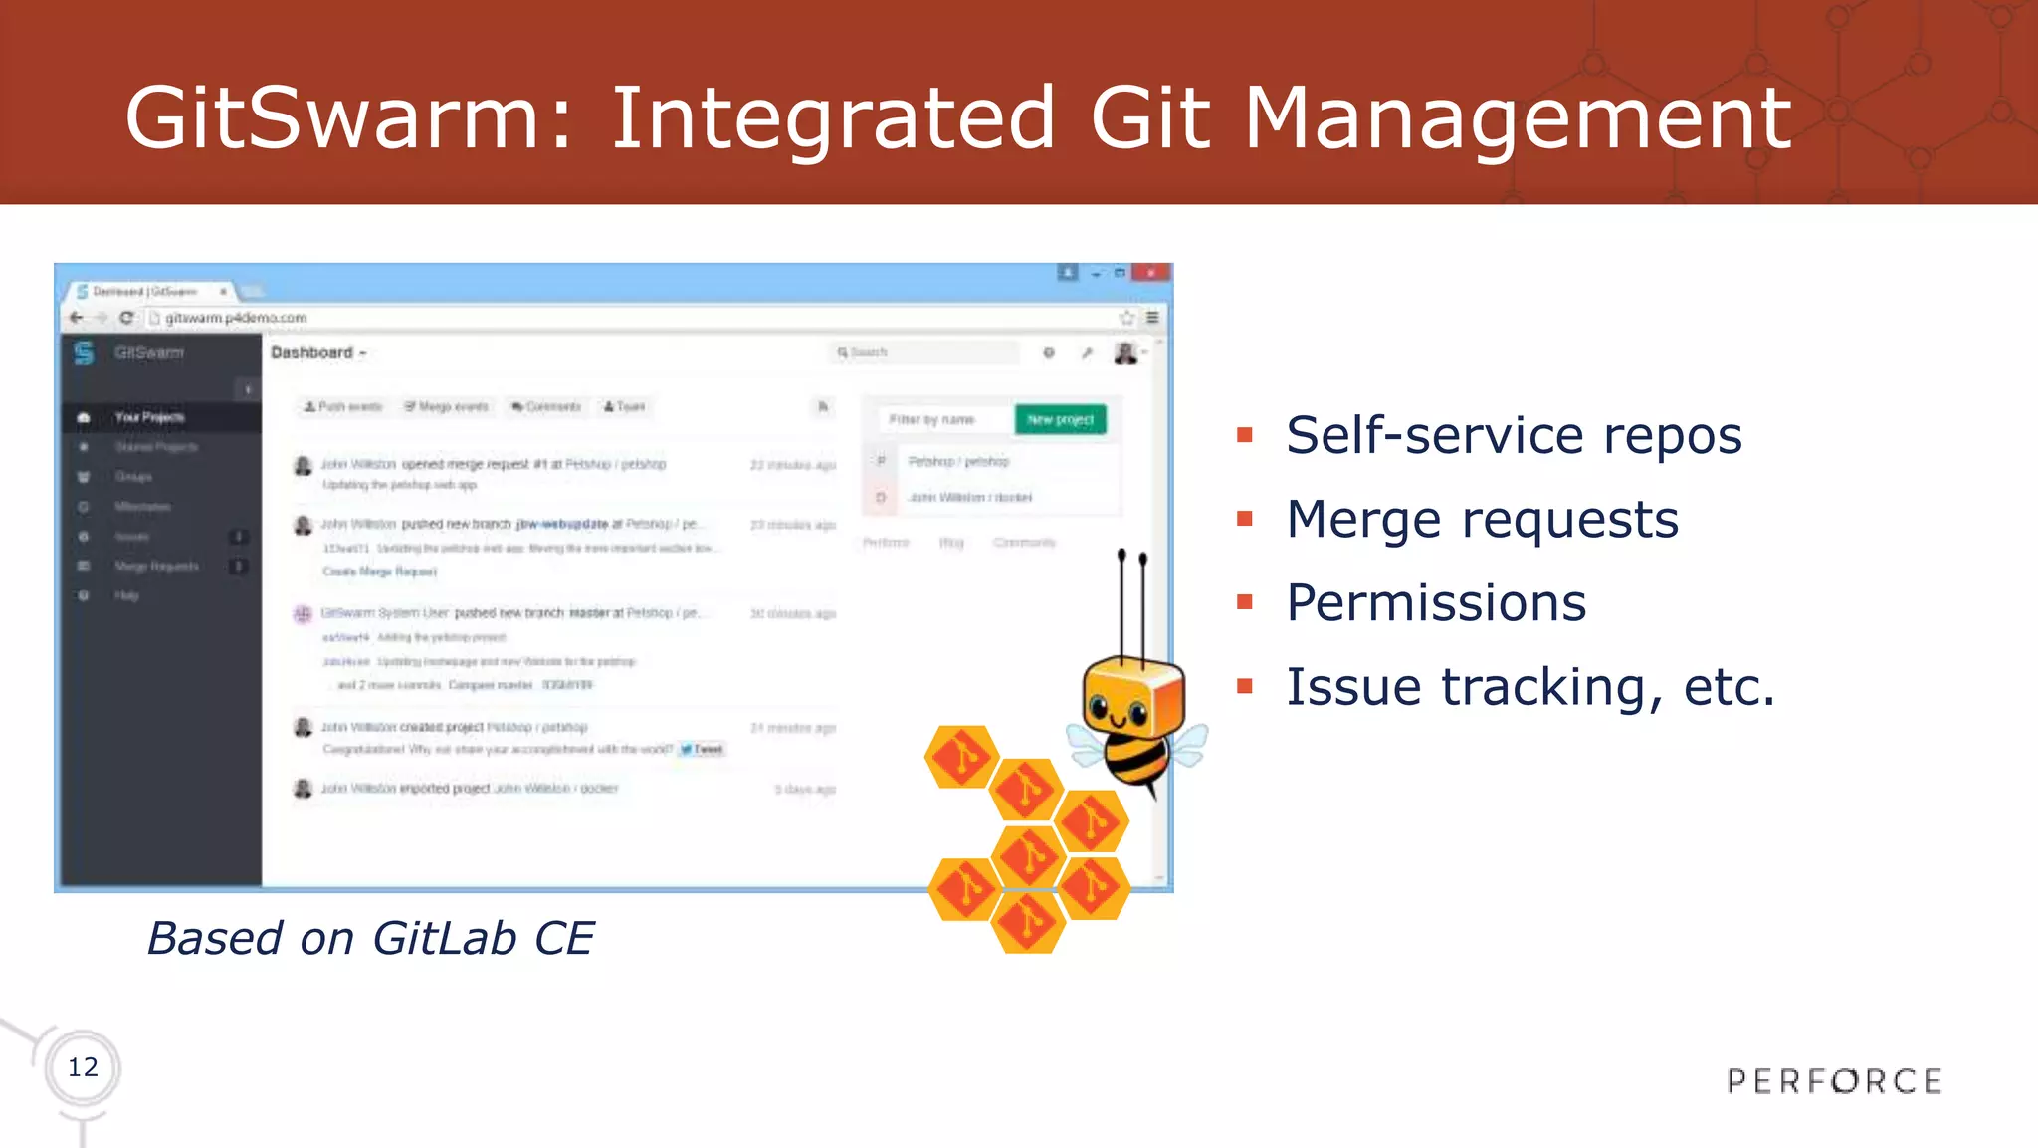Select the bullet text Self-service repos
pyautogui.click(x=1513, y=435)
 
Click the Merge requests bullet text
pyautogui.click(x=1482, y=519)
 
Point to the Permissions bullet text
pyautogui.click(x=1435, y=602)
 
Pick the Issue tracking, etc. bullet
pyautogui.click(x=1529, y=686)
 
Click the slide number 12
pyautogui.click(x=83, y=1067)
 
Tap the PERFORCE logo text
pyautogui.click(x=1834, y=1081)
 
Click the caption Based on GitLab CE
pyautogui.click(x=370, y=938)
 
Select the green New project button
pyautogui.click(x=1060, y=419)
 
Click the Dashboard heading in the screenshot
pyautogui.click(x=312, y=352)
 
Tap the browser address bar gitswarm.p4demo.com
pyautogui.click(x=236, y=318)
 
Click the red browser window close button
pyautogui.click(x=1151, y=272)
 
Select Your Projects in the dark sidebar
pyautogui.click(x=149, y=417)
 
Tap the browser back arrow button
pyautogui.click(x=77, y=318)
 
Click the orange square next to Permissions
pyautogui.click(x=1244, y=602)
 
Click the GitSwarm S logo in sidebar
pyautogui.click(x=84, y=352)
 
